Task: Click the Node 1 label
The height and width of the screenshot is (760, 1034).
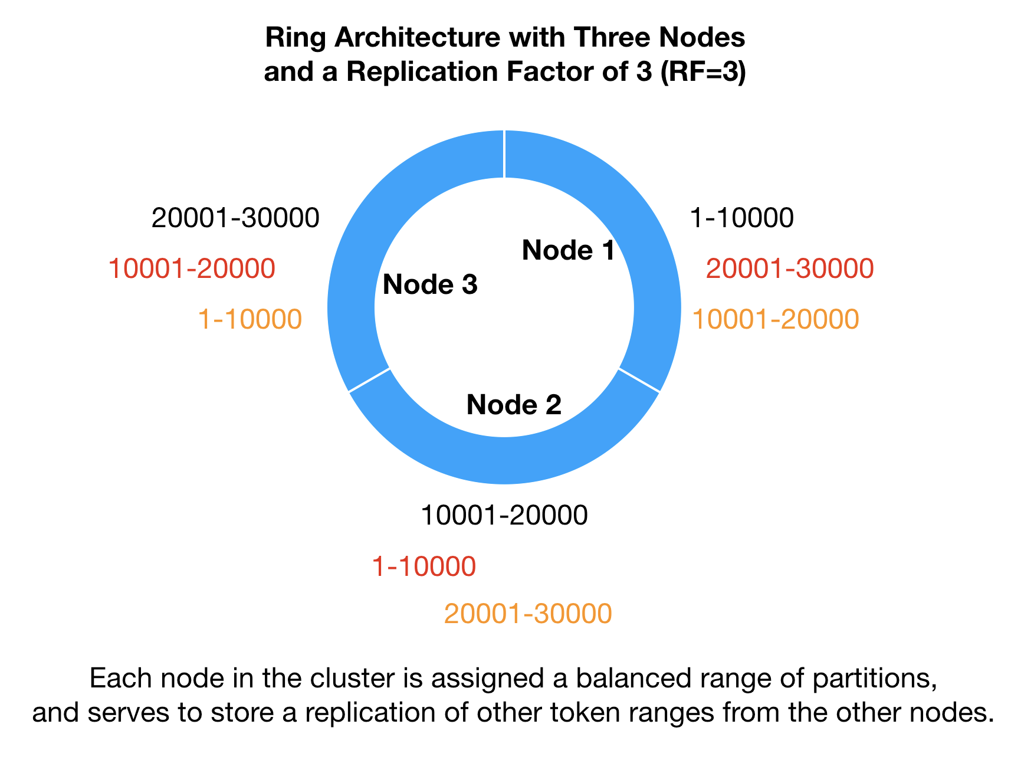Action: pyautogui.click(x=568, y=250)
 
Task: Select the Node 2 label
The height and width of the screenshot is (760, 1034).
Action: pyautogui.click(x=513, y=405)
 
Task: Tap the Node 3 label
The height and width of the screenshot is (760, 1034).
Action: pyautogui.click(x=430, y=285)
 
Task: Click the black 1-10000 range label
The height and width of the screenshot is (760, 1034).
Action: pyautogui.click(x=741, y=218)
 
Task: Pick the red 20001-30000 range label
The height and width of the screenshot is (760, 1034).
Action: pyautogui.click(x=789, y=269)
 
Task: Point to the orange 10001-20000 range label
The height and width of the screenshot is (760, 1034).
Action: pyautogui.click(x=775, y=320)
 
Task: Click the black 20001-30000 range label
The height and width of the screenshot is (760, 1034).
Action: pyautogui.click(x=235, y=218)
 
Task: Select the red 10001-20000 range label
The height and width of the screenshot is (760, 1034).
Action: pyautogui.click(x=192, y=269)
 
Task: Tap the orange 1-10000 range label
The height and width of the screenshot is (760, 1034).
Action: pyautogui.click(x=250, y=320)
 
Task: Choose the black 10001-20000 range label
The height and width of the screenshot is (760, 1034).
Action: pyautogui.click(x=504, y=516)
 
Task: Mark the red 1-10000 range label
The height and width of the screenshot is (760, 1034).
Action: pyautogui.click(x=424, y=567)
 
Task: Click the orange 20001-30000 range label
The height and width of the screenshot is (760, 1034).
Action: pyautogui.click(x=528, y=614)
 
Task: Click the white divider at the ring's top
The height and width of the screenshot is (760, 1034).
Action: pyautogui.click(x=504, y=153)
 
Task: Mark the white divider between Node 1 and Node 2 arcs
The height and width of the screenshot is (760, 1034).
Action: pyautogui.click(x=639, y=380)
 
